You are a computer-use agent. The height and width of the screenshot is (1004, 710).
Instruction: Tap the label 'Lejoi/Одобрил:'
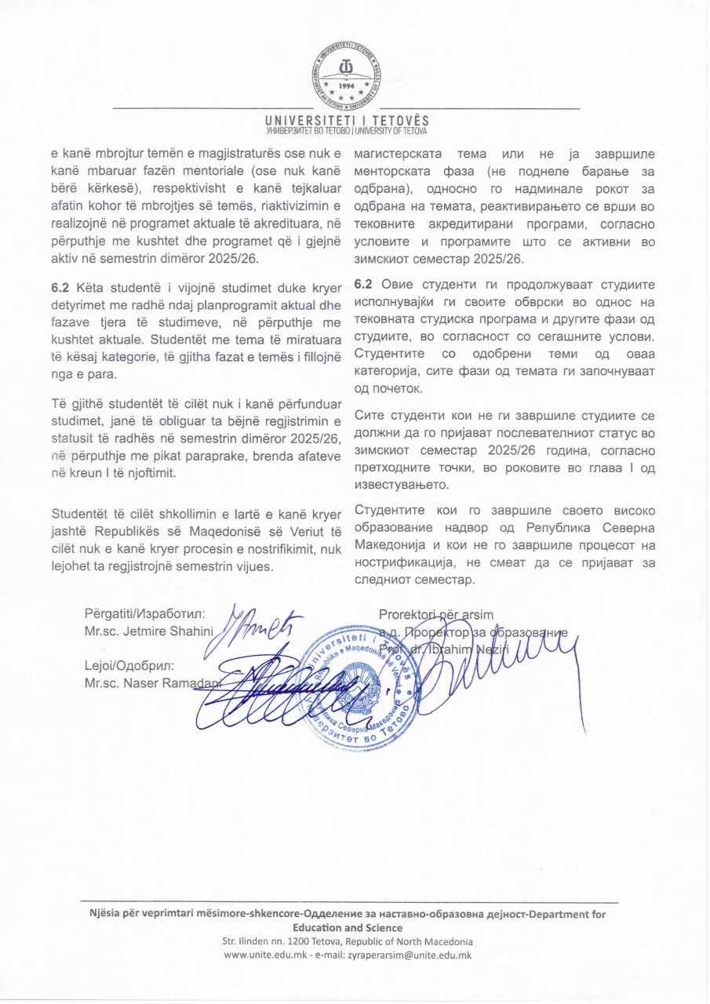[129, 666]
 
